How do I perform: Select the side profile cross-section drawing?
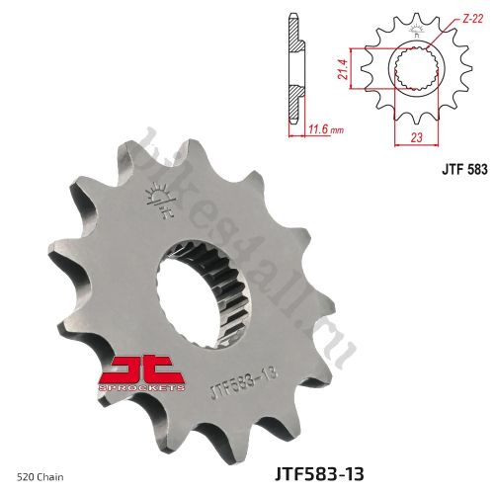(x=293, y=69)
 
